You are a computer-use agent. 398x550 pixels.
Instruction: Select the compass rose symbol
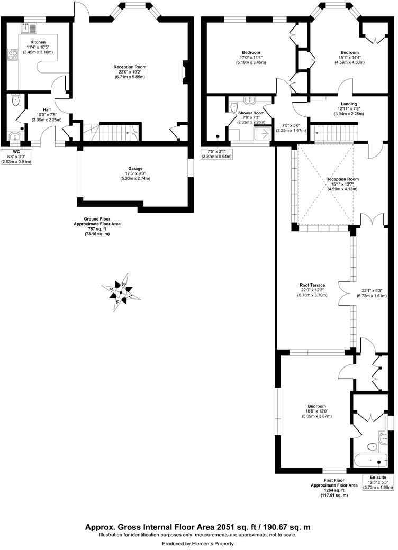pos(121,291)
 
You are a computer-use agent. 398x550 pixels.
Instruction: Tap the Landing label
pos(349,104)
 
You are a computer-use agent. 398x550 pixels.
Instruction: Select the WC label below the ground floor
pos(16,151)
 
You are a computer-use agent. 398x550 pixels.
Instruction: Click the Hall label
pos(47,109)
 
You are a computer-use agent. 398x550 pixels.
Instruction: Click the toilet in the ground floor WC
pos(16,100)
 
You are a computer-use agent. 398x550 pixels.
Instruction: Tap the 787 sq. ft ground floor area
pos(96,229)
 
